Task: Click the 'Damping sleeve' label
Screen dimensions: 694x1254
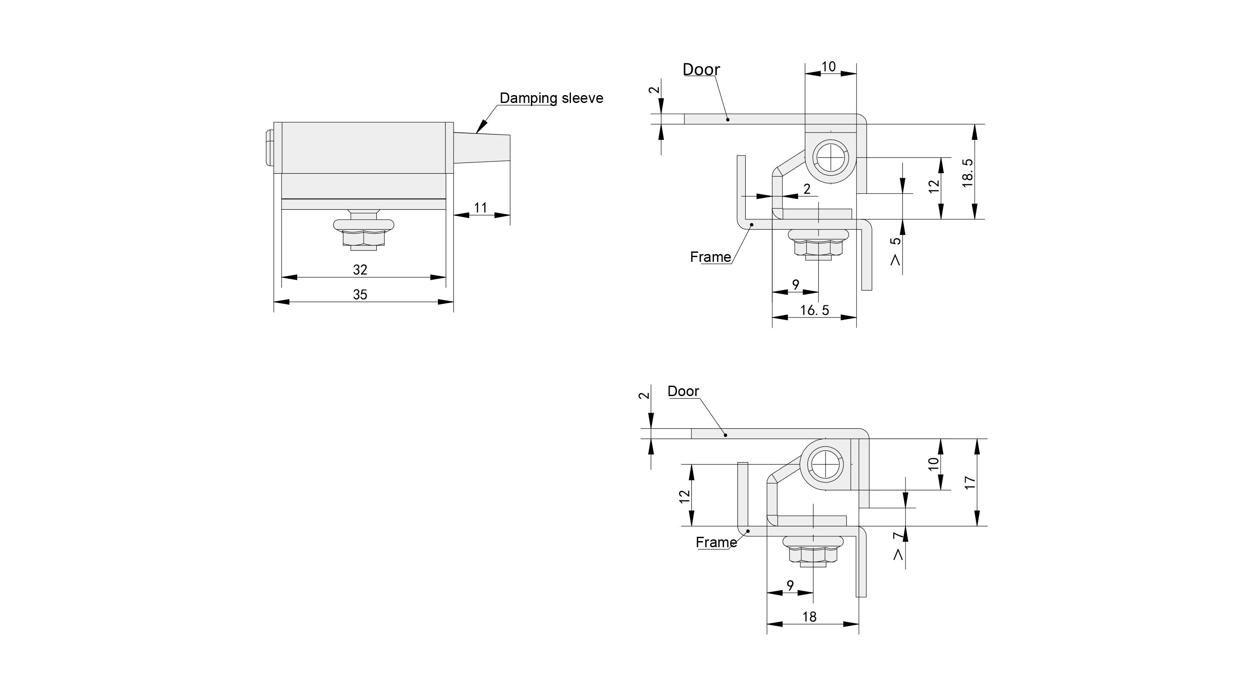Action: tap(551, 98)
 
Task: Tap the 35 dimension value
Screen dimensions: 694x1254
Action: tap(360, 294)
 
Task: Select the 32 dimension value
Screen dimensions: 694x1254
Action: tap(360, 270)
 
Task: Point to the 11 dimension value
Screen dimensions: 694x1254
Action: tap(481, 208)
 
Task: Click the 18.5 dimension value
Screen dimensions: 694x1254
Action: tap(968, 173)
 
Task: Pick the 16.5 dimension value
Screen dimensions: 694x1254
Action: tap(814, 310)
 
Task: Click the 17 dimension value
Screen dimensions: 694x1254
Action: tap(970, 483)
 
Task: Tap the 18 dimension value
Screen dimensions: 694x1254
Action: tap(809, 617)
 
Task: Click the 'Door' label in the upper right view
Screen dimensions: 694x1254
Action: tap(701, 69)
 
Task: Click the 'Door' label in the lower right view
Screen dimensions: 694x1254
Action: tap(683, 391)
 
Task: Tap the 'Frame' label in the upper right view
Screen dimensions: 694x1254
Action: tap(710, 257)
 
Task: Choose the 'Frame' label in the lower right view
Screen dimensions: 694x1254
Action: tap(716, 542)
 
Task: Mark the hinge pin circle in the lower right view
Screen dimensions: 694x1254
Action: tap(826, 464)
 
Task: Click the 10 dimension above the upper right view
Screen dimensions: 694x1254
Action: tap(829, 67)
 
